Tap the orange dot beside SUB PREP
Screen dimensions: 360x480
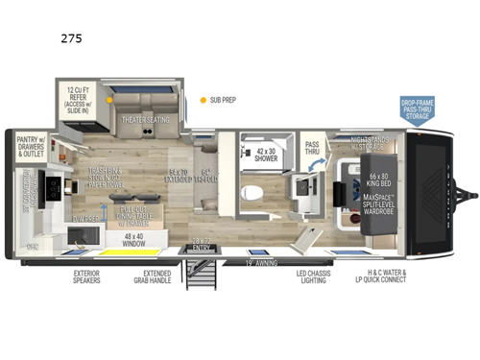203,99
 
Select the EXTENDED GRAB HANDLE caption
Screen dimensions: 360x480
151,279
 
